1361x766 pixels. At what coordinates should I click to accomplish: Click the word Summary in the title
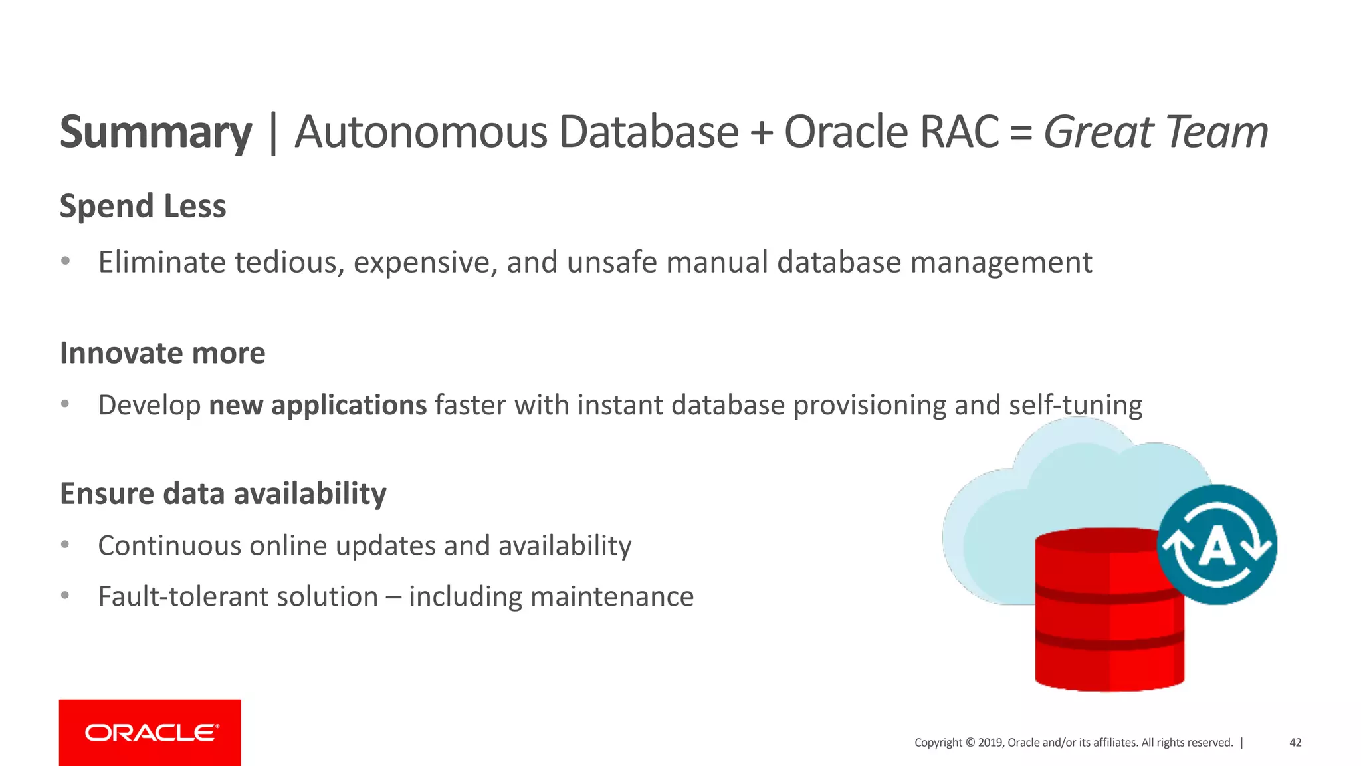pyautogui.click(x=156, y=132)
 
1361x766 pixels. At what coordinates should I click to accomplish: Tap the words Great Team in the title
pyautogui.click(x=1155, y=132)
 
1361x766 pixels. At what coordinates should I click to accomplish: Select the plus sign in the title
pyautogui.click(x=761, y=132)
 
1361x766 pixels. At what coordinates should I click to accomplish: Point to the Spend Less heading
pyautogui.click(x=143, y=206)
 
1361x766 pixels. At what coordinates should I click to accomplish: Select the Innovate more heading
pyautogui.click(x=162, y=353)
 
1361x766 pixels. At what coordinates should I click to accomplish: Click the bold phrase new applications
pyautogui.click(x=318, y=405)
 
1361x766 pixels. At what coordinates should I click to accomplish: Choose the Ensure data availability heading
pyautogui.click(x=223, y=494)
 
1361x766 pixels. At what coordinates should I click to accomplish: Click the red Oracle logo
pyautogui.click(x=150, y=733)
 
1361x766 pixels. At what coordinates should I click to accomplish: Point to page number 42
pyautogui.click(x=1295, y=743)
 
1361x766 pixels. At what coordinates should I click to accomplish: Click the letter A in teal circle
pyautogui.click(x=1217, y=547)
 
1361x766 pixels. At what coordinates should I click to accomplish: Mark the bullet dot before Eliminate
pyautogui.click(x=65, y=261)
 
